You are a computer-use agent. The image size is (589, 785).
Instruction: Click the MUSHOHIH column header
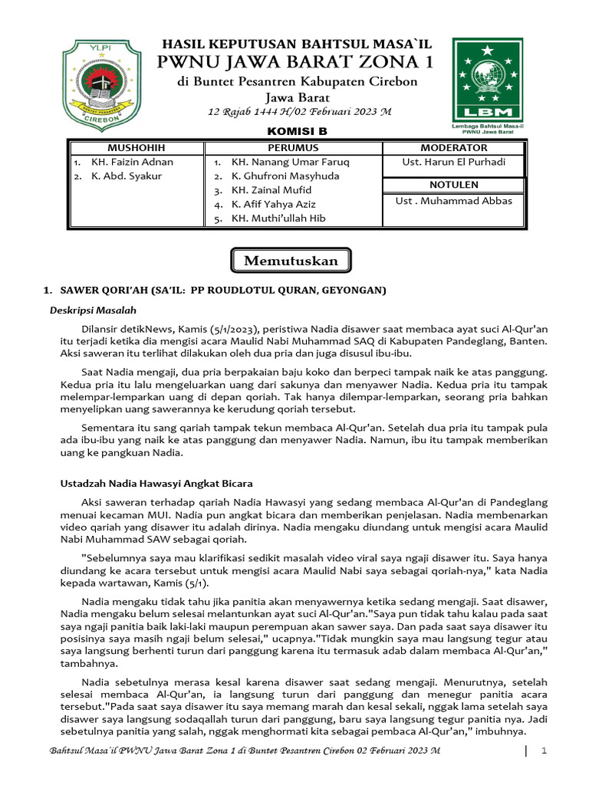click(x=136, y=147)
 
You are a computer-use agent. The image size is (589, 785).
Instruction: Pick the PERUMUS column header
click(x=293, y=147)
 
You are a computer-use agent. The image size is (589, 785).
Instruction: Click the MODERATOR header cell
click(x=453, y=147)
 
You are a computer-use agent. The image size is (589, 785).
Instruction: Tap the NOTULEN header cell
click(x=453, y=185)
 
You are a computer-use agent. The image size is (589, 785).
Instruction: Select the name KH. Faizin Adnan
click(x=132, y=162)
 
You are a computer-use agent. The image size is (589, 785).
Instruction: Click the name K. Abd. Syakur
click(x=127, y=176)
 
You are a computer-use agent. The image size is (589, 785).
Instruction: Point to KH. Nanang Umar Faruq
click(x=290, y=162)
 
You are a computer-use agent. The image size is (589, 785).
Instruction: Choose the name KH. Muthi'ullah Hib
click(x=278, y=218)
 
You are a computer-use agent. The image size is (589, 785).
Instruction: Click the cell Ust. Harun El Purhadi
click(x=453, y=162)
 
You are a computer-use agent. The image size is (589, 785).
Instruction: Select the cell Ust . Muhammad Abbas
click(x=453, y=201)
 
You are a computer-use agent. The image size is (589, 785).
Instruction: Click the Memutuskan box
click(x=291, y=261)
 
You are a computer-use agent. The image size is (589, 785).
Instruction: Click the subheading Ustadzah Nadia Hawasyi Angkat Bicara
click(x=156, y=484)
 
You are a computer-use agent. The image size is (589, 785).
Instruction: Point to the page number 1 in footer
click(x=543, y=751)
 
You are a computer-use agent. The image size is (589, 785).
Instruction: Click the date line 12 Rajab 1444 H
click(x=300, y=112)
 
